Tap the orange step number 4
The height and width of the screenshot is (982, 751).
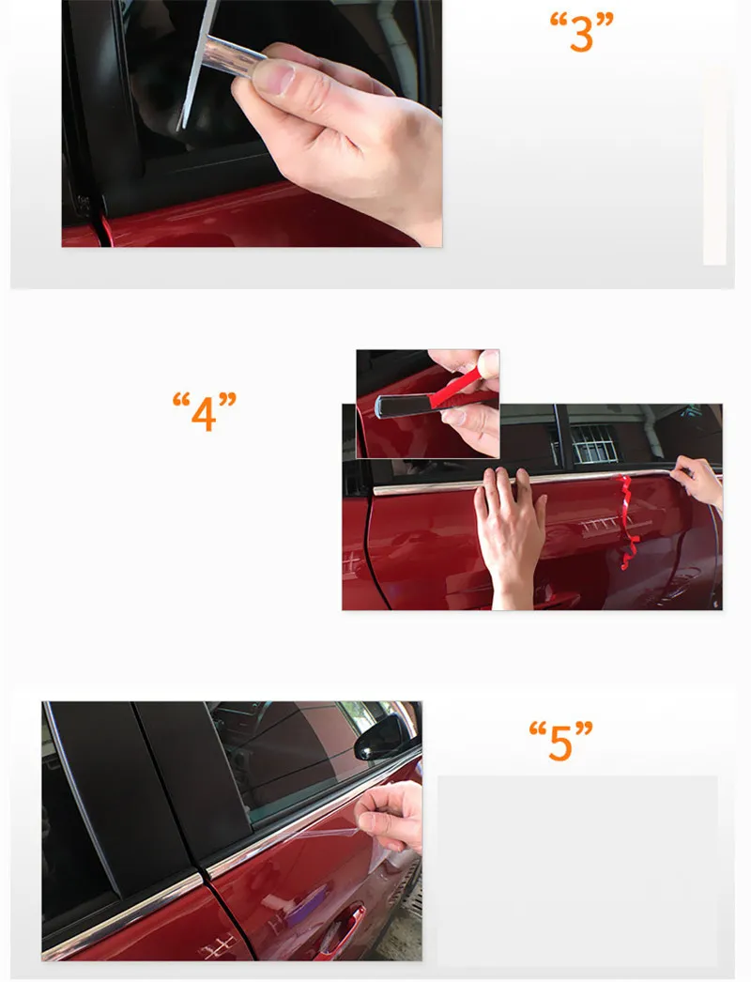coord(205,412)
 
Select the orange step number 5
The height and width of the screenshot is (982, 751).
coord(560,741)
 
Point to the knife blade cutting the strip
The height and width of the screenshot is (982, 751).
coord(197,65)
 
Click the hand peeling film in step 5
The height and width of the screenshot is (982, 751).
coord(391,818)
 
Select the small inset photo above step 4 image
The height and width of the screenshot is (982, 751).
coord(428,404)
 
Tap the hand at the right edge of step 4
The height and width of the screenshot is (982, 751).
coord(699,480)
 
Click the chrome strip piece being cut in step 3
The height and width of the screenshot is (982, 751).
coord(234,56)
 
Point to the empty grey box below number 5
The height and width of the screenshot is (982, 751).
coord(577,869)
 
